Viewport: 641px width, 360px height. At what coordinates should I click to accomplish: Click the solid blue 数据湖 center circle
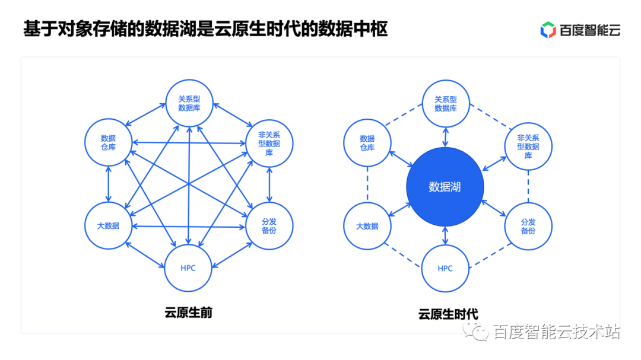(x=445, y=187)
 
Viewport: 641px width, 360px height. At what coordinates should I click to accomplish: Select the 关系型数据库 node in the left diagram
(x=188, y=103)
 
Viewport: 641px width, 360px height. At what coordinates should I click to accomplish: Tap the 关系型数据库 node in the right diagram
(x=446, y=104)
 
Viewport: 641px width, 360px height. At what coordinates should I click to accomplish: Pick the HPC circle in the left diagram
(x=188, y=267)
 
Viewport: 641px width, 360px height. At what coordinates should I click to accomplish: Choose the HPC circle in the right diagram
(x=445, y=268)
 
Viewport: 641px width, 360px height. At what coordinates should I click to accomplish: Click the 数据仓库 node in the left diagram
(x=108, y=142)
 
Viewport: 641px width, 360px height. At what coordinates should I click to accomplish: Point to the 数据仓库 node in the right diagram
(x=367, y=143)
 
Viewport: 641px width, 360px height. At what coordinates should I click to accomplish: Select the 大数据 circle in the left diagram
(x=108, y=225)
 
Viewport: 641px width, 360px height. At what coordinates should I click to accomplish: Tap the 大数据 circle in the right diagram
(x=367, y=226)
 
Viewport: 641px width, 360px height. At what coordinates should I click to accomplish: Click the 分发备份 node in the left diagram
(x=269, y=225)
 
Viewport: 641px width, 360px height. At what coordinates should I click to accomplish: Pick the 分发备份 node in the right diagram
(x=528, y=226)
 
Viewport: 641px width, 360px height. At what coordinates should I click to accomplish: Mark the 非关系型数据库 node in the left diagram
(x=269, y=143)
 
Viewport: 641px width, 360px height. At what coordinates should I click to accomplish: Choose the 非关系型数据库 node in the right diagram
(x=528, y=143)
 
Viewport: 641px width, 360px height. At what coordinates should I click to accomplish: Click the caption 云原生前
(x=188, y=313)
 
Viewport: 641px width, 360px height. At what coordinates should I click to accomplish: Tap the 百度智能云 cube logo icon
(x=548, y=30)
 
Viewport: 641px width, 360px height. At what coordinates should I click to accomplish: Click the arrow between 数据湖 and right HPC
(x=445, y=235)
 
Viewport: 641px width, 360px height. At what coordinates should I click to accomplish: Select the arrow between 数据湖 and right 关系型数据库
(x=446, y=137)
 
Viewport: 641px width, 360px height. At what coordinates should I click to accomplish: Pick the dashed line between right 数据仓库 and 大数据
(x=367, y=184)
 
